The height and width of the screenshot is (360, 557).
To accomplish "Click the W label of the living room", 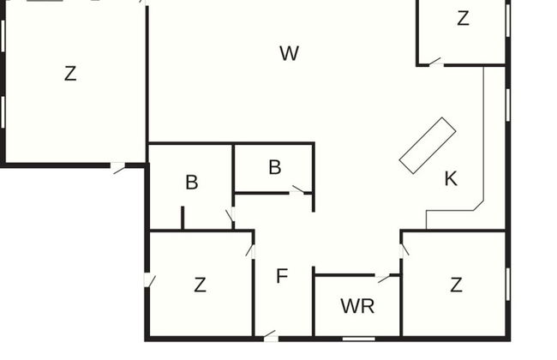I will point(289,53).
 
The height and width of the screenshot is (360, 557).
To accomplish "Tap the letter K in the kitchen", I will point(451,178).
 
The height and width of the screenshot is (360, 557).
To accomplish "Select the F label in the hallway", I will point(281,276).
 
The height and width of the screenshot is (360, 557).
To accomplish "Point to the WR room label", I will point(357,306).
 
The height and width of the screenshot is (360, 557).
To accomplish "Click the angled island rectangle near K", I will point(427,145).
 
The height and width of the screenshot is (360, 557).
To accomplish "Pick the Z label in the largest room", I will point(70,74).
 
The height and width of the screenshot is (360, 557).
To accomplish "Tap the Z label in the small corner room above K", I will point(463,18).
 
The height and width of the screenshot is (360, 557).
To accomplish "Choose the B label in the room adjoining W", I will point(274,166).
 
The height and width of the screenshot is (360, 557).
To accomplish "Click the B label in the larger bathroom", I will point(192,182).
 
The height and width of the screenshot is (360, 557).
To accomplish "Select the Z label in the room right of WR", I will point(456,285).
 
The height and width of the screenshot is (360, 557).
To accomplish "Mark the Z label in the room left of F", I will point(200,285).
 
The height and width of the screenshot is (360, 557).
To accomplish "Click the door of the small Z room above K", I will point(434,62).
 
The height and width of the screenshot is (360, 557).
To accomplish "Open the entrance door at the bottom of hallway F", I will point(270,336).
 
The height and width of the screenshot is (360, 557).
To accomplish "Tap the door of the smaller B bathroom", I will point(299,190).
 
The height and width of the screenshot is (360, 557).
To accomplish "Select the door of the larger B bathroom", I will point(229,215).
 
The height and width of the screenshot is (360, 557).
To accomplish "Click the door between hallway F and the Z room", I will point(250,250).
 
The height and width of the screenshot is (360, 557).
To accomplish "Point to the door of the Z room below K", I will point(404,249).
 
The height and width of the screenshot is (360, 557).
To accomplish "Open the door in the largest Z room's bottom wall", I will point(118,168).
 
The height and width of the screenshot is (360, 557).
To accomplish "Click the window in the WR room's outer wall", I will point(357,339).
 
